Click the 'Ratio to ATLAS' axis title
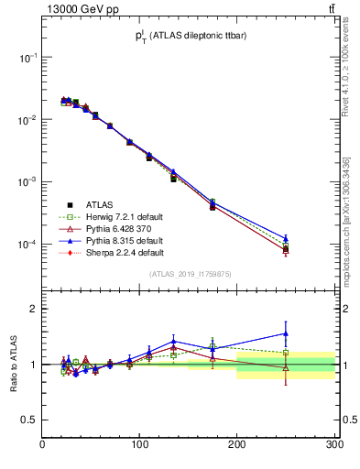(x=13, y=364)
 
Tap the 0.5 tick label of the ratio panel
(x=29, y=420)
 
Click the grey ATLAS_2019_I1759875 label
(x=189, y=273)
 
